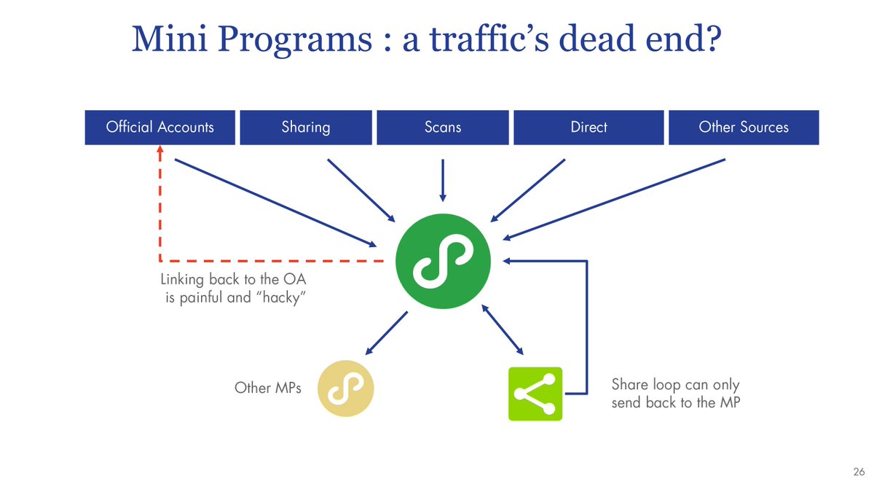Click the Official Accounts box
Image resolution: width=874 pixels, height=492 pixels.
160,127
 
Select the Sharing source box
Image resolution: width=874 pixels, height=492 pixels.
306,127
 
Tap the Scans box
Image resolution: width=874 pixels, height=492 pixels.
443,127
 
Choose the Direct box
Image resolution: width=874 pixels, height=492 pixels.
588,127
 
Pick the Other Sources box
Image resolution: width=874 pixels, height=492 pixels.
743,127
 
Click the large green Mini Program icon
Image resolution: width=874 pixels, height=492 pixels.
444,260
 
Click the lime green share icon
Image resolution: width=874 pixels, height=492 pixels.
535,394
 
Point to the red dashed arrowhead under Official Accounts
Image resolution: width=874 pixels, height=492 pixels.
160,149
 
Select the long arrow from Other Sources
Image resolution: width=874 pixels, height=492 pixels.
615,198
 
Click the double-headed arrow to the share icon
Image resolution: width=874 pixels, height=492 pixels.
502,329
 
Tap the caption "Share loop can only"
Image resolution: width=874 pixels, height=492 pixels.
675,385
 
